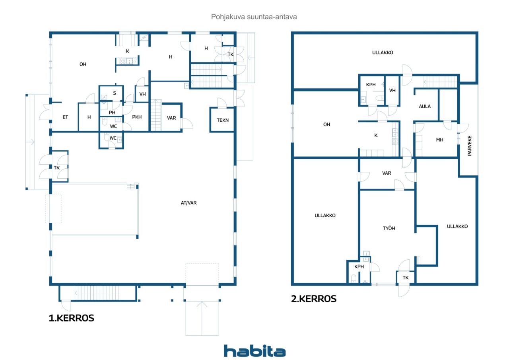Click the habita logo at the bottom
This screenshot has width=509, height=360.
(254, 351)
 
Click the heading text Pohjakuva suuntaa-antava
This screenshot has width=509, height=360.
(254, 17)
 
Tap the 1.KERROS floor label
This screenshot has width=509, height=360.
(71, 318)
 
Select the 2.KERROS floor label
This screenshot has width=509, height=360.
(314, 299)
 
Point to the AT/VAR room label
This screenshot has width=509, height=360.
(188, 203)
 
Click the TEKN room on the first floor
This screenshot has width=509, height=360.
(222, 120)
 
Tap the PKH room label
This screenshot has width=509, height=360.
(137, 117)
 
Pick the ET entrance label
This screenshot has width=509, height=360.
(65, 117)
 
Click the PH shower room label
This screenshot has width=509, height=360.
(112, 113)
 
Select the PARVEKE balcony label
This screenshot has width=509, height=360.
(470, 146)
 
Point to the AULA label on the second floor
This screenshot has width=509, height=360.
(425, 106)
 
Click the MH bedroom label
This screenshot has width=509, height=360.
(440, 140)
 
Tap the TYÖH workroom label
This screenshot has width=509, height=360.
(389, 228)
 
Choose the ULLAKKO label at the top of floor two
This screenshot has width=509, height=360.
(383, 53)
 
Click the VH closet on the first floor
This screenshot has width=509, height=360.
(142, 94)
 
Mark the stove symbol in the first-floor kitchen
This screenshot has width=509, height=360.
(123, 61)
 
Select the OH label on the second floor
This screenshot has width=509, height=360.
(326, 125)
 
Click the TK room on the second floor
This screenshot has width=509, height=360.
(405, 278)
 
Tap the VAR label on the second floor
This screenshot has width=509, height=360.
(387, 173)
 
